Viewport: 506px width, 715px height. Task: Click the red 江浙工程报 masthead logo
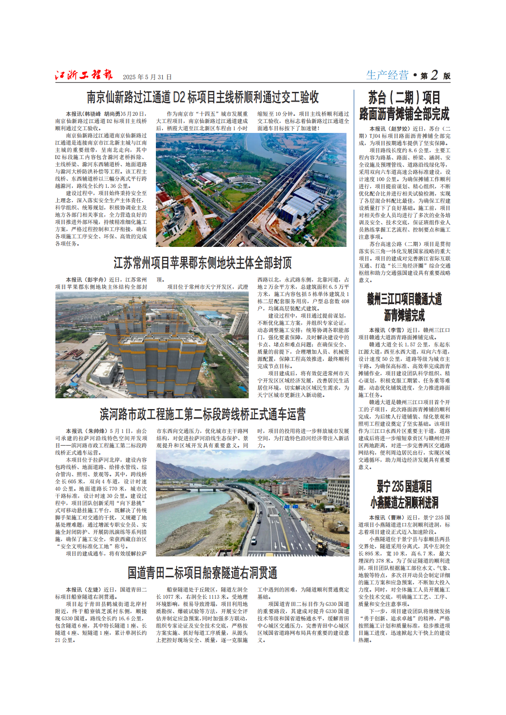tap(84, 75)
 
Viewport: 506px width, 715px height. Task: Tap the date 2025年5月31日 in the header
tap(147, 77)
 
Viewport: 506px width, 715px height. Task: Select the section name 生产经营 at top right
tap(387, 75)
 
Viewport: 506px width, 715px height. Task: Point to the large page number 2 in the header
tap(434, 75)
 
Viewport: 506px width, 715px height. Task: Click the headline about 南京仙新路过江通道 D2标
tap(203, 97)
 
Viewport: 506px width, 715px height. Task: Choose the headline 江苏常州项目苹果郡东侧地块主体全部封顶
tap(203, 263)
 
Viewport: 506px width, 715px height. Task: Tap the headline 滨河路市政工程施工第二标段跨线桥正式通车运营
tap(203, 414)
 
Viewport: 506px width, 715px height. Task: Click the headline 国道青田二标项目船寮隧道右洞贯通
tap(202, 573)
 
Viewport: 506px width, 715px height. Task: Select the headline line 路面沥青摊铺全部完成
tap(404, 114)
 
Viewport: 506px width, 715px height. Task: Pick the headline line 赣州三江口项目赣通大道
tap(404, 299)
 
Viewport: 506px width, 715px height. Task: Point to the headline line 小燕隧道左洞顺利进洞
tap(404, 502)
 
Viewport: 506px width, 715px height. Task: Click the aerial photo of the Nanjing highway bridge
tap(251, 190)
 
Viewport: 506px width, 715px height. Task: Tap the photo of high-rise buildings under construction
tap(152, 345)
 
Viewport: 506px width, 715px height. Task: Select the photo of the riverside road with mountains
tap(252, 503)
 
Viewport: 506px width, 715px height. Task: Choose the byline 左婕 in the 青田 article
tap(94, 590)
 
